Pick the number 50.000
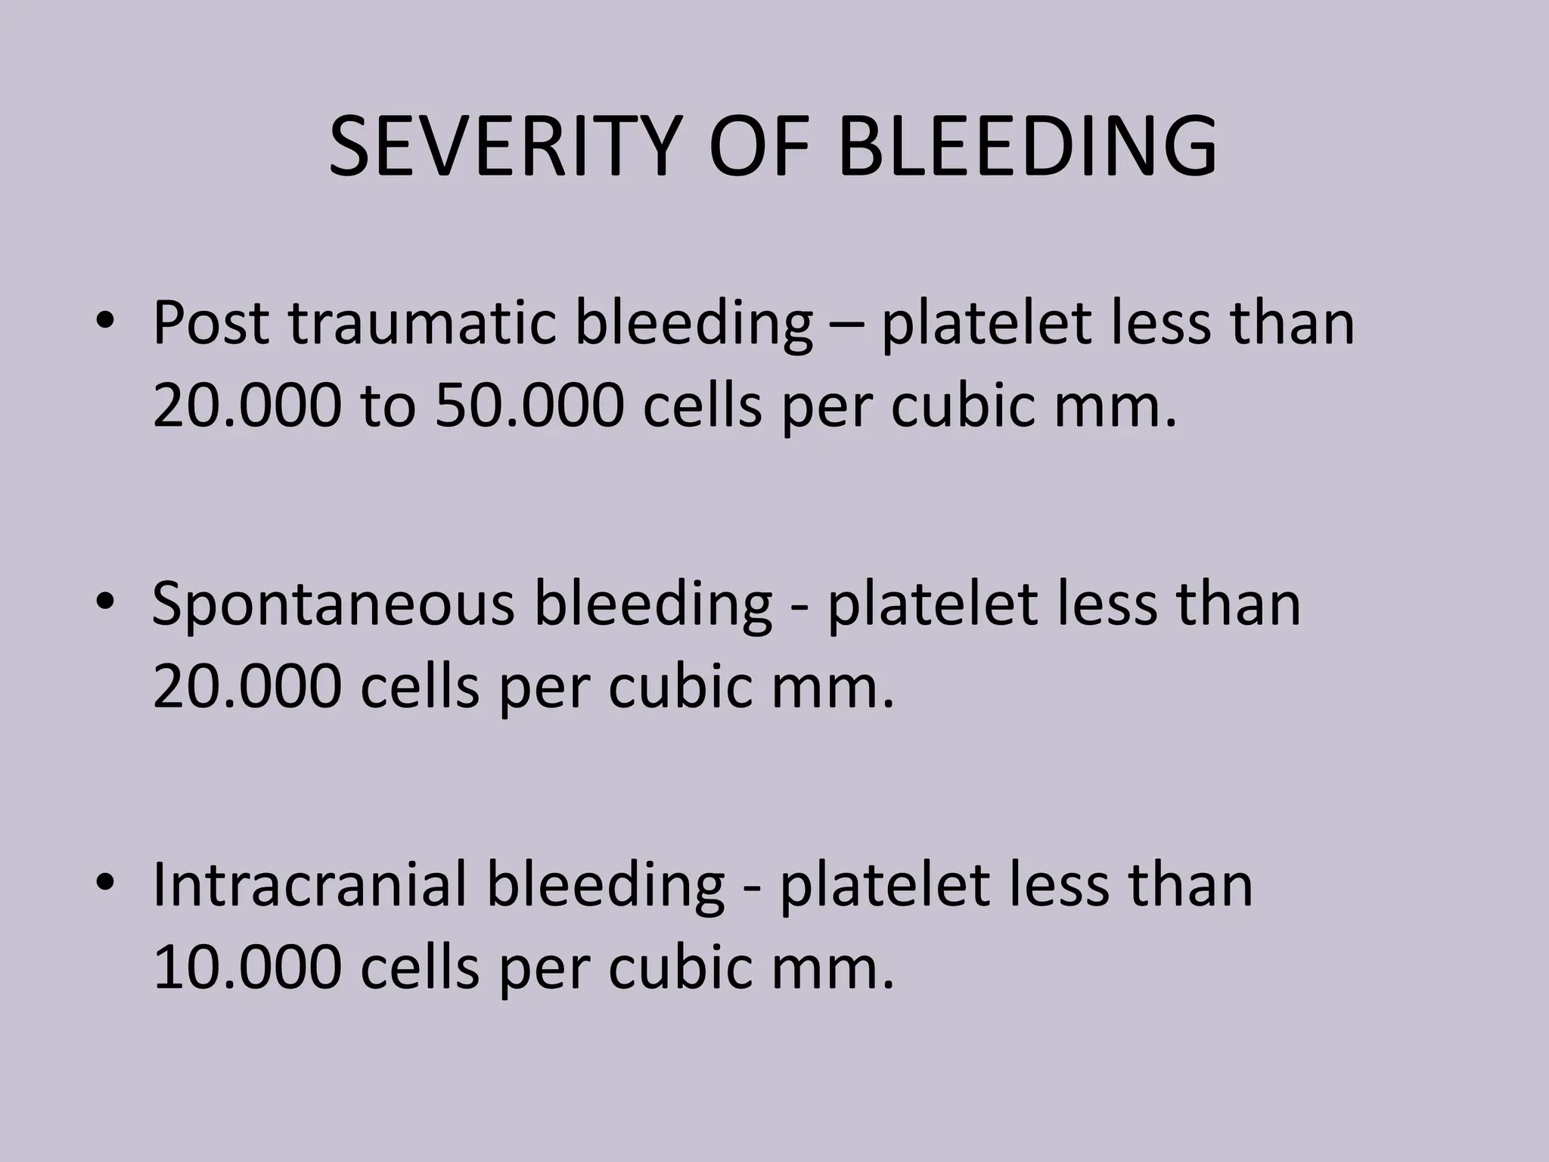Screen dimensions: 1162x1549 (x=529, y=405)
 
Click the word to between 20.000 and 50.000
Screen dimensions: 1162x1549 (x=388, y=405)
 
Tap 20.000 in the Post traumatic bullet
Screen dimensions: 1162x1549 (x=247, y=405)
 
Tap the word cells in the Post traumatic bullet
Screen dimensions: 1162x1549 (x=702, y=405)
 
